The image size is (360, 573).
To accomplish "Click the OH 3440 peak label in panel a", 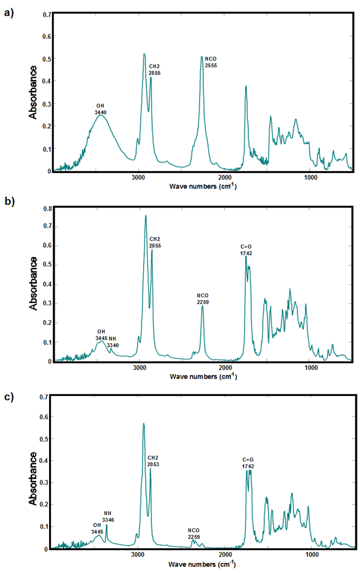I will pos(100,109).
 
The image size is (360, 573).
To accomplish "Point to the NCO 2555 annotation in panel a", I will pos(211,62).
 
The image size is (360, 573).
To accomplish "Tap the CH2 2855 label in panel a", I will pos(155,70).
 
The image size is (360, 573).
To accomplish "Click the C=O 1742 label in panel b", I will pos(246,250).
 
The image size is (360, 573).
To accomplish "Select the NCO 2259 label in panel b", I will pos(202,299).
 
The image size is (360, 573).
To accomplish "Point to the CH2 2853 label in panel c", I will pos(154,460).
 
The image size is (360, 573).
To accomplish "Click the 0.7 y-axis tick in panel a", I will pos(47,15).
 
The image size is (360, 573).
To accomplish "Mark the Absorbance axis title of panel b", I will pos(33,283).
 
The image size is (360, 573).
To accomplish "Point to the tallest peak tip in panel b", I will pos(146,216).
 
